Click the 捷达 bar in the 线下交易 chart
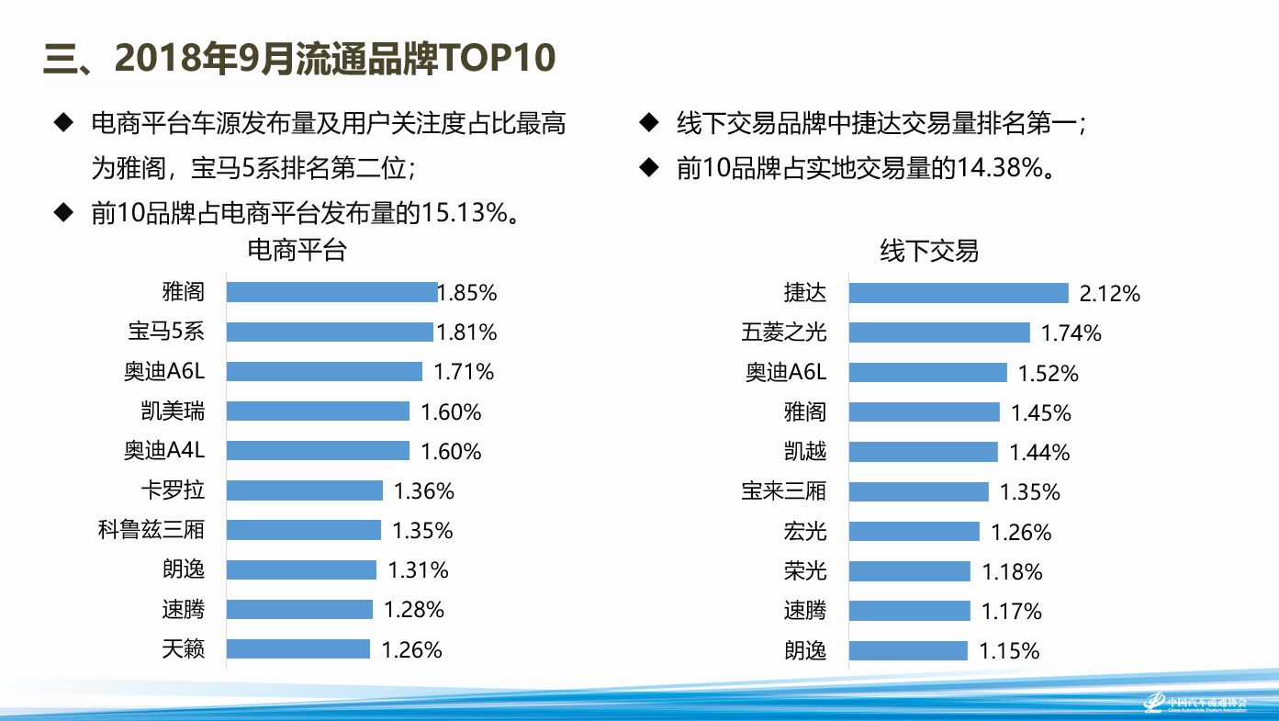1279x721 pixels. (x=959, y=293)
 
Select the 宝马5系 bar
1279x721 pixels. (x=330, y=332)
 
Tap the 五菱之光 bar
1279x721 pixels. (x=939, y=332)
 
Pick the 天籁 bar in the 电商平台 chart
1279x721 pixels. (x=298, y=649)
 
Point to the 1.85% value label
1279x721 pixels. (x=467, y=293)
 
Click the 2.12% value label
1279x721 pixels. (x=1110, y=294)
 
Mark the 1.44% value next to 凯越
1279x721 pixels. (x=1039, y=453)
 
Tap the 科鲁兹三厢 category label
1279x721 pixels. (x=151, y=530)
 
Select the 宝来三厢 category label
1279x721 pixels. (x=784, y=491)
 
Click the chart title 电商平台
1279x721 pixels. (x=297, y=250)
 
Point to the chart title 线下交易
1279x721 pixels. (x=929, y=251)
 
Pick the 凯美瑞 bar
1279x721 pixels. (x=318, y=411)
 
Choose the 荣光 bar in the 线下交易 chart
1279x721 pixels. (x=909, y=571)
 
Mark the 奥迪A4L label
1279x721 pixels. (x=164, y=451)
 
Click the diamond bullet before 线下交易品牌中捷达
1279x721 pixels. (x=649, y=122)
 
